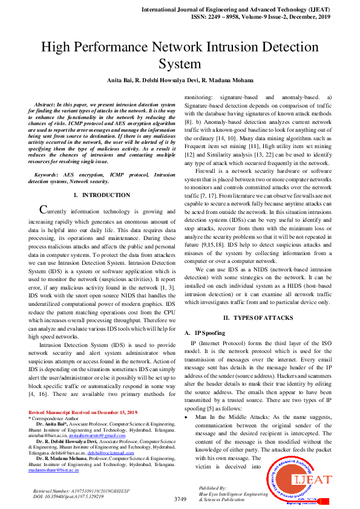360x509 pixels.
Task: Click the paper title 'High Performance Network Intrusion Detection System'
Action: (x=180, y=55)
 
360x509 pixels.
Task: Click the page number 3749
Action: (x=180, y=499)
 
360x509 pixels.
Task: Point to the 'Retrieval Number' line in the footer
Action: (x=73, y=490)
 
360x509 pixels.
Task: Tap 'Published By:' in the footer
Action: (x=212, y=487)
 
